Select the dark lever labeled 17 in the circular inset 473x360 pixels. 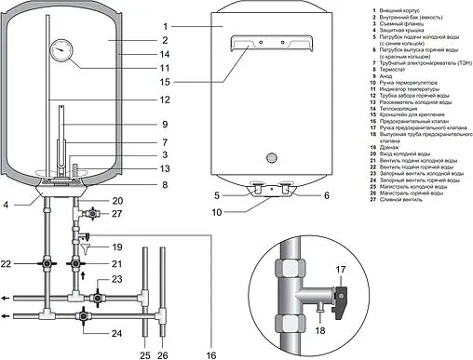tap(344, 300)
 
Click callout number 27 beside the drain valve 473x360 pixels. tap(117, 213)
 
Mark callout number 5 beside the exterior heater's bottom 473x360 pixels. tap(217, 194)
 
